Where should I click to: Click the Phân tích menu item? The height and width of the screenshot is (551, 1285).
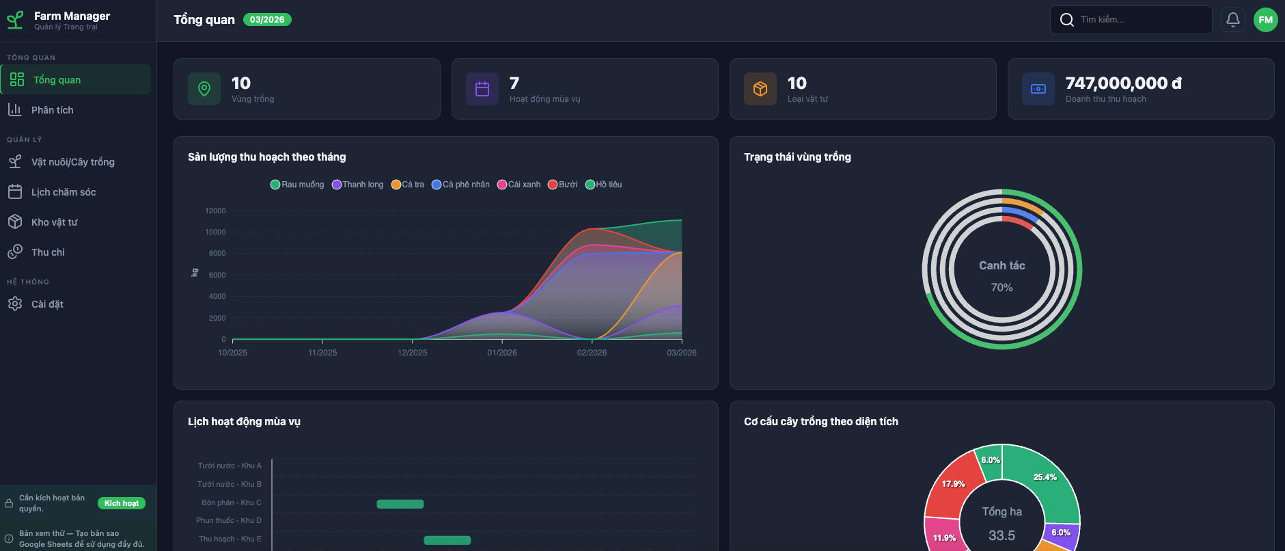tap(52, 110)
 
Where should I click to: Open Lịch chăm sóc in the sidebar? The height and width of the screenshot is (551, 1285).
tap(64, 192)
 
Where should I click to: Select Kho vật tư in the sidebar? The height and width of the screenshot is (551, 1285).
tap(55, 222)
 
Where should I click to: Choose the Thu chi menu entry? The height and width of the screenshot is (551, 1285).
tap(48, 252)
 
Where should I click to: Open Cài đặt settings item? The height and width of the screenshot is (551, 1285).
tap(47, 304)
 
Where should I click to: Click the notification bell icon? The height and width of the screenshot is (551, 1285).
tap(1232, 20)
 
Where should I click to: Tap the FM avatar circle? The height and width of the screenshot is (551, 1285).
tap(1265, 20)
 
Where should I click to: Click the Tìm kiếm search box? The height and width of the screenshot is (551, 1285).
tap(1134, 20)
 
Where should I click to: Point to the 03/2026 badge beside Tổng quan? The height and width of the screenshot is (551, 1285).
tap(267, 20)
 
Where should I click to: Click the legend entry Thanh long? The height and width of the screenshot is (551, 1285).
tap(358, 185)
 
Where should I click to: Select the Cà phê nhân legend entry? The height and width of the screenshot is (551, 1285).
tap(461, 185)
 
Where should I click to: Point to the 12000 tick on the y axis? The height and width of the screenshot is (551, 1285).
tap(215, 211)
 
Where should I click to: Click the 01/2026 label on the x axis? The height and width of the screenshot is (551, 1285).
tap(502, 353)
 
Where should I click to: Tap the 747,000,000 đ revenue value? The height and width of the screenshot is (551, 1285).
tap(1123, 83)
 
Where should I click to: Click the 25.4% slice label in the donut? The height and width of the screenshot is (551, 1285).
tap(1045, 477)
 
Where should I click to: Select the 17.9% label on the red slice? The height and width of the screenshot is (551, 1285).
tap(953, 484)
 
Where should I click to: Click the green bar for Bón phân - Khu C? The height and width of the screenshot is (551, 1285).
tap(400, 504)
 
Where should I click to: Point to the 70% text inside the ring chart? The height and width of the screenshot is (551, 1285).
tap(1001, 288)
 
